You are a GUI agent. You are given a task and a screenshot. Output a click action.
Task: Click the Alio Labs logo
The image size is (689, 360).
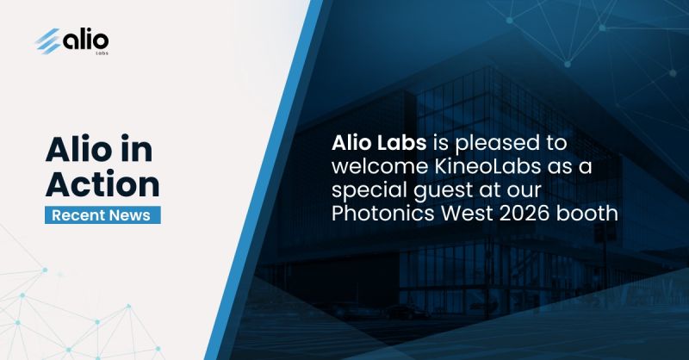click(x=71, y=41)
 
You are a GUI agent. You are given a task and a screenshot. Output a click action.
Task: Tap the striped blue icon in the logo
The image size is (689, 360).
click(x=48, y=40)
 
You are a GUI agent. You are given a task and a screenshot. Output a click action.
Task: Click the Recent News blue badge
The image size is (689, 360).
click(x=102, y=215)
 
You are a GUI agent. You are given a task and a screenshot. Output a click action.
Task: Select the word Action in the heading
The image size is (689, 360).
click(x=102, y=183)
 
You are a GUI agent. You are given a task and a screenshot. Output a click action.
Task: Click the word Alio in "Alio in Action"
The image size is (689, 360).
click(x=78, y=149)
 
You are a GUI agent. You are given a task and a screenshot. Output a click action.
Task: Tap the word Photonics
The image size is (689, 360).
click(x=383, y=214)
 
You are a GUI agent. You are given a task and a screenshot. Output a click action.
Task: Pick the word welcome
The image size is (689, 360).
click(x=380, y=166)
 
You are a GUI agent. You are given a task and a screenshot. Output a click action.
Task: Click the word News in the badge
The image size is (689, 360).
click(x=130, y=215)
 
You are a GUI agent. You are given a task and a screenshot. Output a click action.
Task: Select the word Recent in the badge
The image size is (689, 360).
click(x=78, y=215)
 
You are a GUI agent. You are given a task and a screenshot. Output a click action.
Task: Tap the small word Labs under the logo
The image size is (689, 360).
click(x=102, y=53)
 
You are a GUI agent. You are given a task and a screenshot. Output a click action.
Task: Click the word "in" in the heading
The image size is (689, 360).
click(x=136, y=149)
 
